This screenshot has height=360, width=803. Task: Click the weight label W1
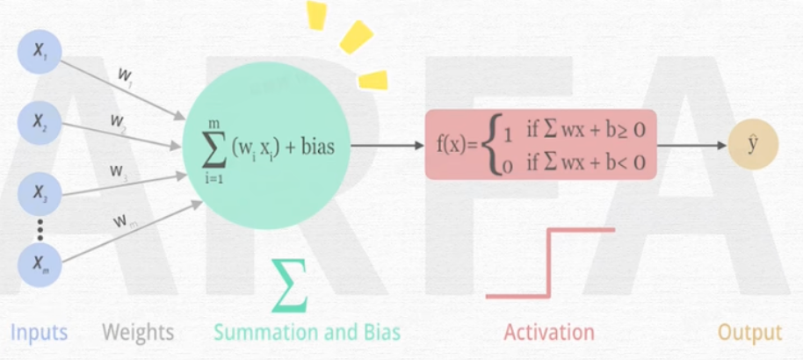pyautogui.click(x=125, y=77)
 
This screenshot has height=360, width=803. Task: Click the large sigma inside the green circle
pyautogui.click(x=214, y=146)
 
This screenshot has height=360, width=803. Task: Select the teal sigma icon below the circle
pyautogui.click(x=289, y=286)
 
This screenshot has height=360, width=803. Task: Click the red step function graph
pyautogui.click(x=550, y=263)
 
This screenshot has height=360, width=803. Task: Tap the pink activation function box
pyautogui.click(x=540, y=146)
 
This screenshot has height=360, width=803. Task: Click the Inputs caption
pyautogui.click(x=39, y=332)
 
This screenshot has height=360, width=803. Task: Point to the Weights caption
pyautogui.click(x=138, y=332)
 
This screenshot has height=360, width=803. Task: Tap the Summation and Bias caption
pyautogui.click(x=307, y=332)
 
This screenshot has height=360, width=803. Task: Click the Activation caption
pyautogui.click(x=548, y=332)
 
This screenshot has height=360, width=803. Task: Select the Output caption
pyautogui.click(x=749, y=332)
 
